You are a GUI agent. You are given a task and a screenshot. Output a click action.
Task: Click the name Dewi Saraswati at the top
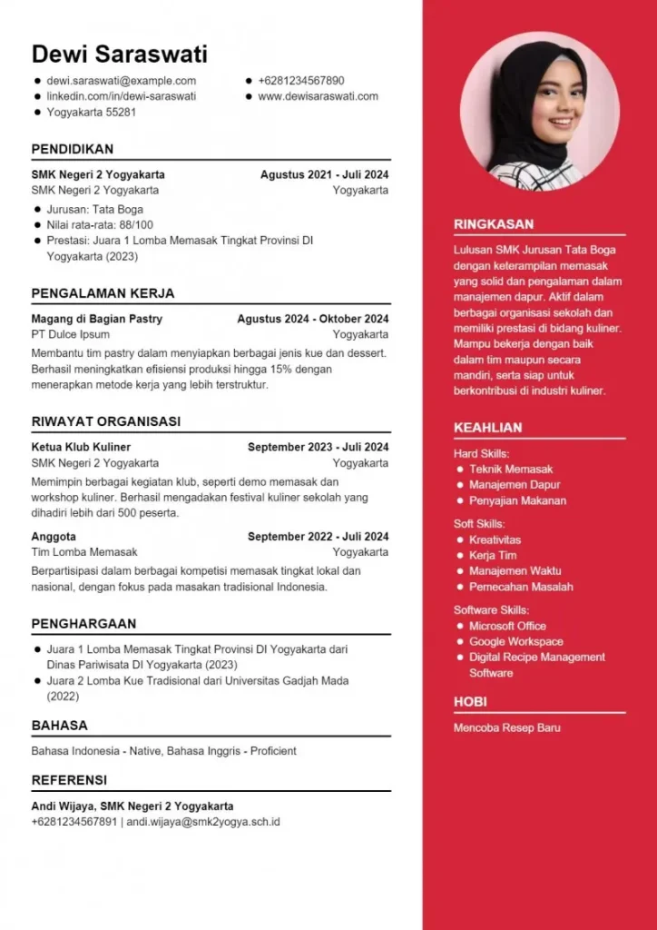(x=119, y=54)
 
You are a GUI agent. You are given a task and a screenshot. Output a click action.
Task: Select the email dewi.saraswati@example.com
(x=122, y=81)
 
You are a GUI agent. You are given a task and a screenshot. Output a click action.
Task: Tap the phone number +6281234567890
(x=300, y=81)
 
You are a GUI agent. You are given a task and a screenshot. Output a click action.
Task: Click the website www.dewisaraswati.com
(x=318, y=96)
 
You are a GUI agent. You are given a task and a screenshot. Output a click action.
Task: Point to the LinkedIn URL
(x=122, y=96)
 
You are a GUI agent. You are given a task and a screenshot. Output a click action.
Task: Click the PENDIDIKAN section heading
(x=73, y=149)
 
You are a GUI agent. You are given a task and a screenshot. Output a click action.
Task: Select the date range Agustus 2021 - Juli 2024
(x=324, y=174)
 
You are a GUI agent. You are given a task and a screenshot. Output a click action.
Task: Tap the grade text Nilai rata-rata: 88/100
(x=100, y=224)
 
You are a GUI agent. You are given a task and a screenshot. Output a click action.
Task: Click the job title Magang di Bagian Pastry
(x=97, y=319)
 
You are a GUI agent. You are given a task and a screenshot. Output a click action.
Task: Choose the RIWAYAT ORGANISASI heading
(x=105, y=421)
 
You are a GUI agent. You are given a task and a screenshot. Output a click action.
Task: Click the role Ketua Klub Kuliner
(x=81, y=447)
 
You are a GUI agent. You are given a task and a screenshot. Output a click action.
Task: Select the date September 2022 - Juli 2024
(x=318, y=536)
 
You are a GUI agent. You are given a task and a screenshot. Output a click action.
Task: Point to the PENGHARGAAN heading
(x=83, y=624)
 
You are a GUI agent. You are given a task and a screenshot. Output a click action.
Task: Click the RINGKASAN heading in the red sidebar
(x=494, y=224)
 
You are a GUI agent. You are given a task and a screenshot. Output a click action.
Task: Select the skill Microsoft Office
(x=507, y=626)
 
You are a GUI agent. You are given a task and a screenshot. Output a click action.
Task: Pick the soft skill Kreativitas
(x=495, y=539)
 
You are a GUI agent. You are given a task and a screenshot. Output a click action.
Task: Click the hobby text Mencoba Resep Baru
(x=507, y=727)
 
